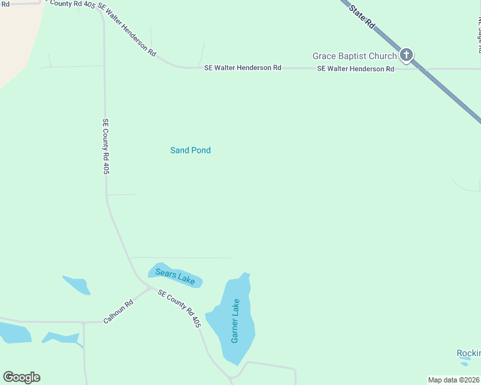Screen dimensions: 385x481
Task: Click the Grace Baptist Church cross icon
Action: click(406, 55)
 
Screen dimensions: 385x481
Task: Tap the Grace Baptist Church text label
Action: click(354, 56)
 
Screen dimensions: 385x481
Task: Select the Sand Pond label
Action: click(190, 150)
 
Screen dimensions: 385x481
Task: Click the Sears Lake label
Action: click(174, 276)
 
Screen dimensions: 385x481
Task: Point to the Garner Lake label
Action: click(235, 321)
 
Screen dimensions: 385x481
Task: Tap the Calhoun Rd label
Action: click(118, 311)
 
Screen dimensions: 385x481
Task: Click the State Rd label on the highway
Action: click(362, 16)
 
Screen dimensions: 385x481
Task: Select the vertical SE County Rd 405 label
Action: click(106, 146)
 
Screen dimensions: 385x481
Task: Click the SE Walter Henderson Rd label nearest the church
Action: click(355, 69)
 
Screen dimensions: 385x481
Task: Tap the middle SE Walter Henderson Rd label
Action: click(242, 67)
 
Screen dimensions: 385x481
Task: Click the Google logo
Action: click(21, 377)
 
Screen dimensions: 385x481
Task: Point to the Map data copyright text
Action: click(454, 380)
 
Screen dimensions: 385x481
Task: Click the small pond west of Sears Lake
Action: click(77, 284)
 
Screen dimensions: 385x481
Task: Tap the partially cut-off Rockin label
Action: click(468, 354)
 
